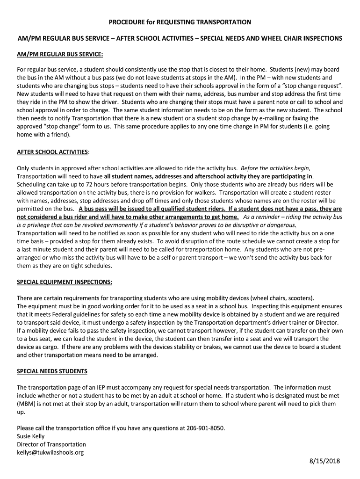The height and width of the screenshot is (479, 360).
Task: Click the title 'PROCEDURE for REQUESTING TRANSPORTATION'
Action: (x=180, y=22)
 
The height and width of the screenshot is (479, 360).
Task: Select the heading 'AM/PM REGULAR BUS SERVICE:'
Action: (x=60, y=54)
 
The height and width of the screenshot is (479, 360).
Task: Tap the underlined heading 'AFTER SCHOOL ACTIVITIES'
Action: (x=52, y=152)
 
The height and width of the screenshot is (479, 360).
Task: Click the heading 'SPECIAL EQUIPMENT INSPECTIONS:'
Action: (x=65, y=282)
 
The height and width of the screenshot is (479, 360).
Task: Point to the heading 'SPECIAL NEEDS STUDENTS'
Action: (x=52, y=371)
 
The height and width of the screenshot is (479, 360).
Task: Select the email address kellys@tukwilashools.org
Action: (x=50, y=452)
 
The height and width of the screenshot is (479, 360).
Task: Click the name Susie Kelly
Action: (x=31, y=436)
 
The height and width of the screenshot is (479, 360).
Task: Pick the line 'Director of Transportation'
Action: (x=51, y=444)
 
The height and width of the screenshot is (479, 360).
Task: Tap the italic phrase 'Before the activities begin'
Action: (x=275, y=168)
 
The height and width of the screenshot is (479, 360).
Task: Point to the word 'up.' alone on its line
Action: (x=21, y=412)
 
